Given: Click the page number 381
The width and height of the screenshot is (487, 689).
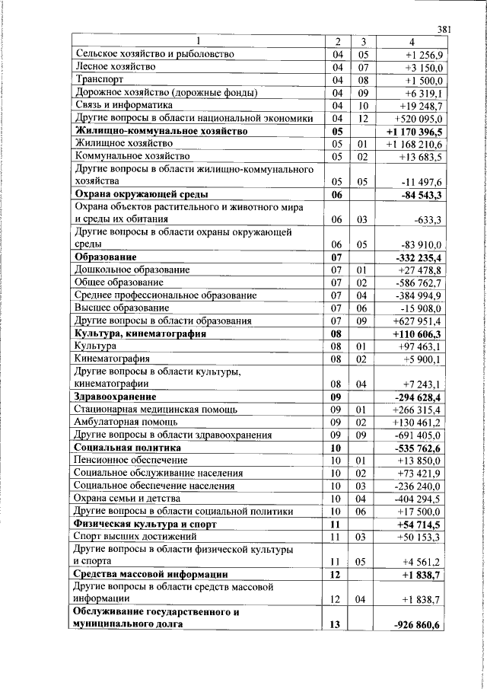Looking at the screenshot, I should [445, 30].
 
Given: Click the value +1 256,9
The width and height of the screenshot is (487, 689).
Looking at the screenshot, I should [429, 55].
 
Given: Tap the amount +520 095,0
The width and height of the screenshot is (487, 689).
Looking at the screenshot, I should [424, 118].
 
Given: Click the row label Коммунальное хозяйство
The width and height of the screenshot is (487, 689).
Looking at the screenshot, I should [132, 156].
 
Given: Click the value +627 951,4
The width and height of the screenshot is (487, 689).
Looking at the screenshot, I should [424, 321].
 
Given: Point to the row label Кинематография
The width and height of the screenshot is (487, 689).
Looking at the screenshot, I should [111, 359].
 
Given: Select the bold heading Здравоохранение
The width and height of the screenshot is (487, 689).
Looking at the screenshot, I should [116, 397].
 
